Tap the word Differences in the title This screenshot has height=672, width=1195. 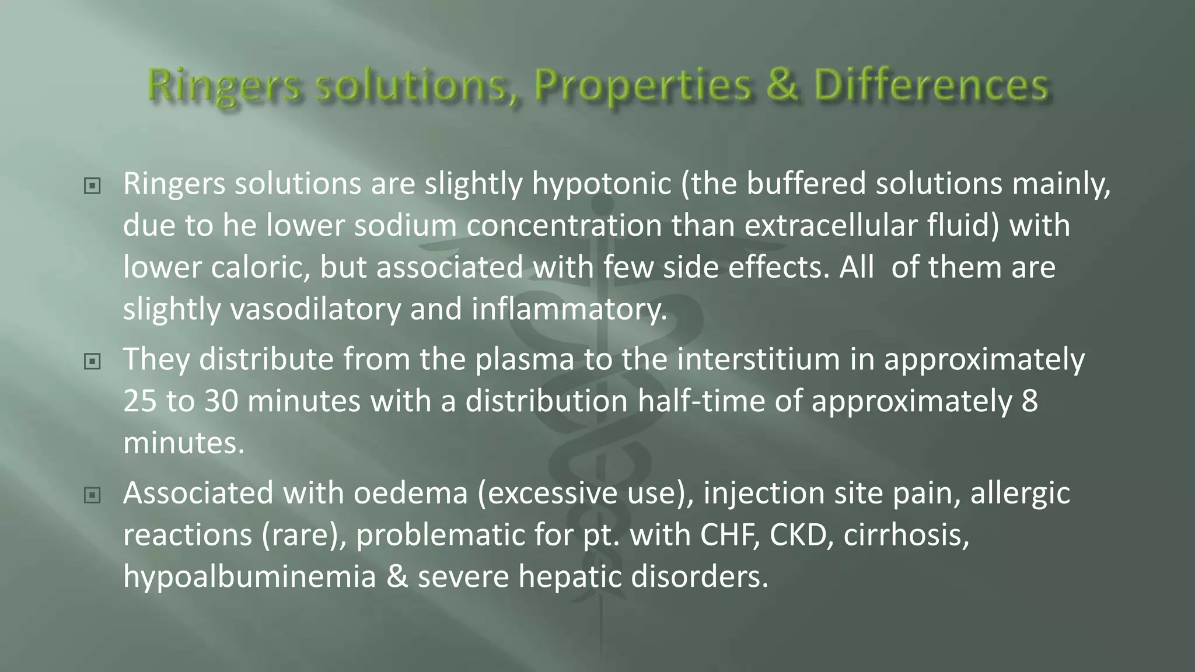(931, 85)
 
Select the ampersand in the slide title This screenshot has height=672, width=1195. (782, 85)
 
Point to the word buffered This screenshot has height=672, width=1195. (806, 184)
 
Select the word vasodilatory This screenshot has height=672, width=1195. (316, 309)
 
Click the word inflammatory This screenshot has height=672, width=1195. (569, 309)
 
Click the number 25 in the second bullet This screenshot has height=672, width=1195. (140, 401)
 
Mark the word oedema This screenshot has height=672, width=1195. (411, 493)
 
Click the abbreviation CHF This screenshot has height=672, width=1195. (730, 535)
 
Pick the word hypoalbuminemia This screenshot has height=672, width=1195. (250, 577)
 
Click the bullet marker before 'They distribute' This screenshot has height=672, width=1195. (92, 362)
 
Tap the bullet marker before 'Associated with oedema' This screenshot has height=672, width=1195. (92, 495)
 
